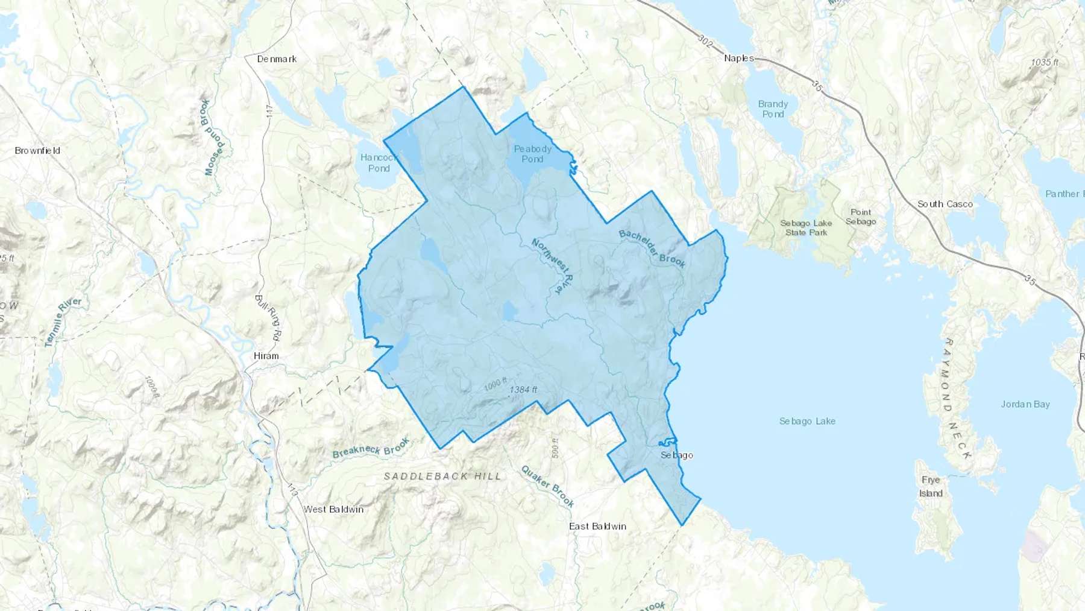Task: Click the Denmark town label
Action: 277,59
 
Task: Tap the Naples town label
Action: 739,59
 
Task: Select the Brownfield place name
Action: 37,151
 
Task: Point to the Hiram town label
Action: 266,356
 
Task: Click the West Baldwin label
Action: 333,510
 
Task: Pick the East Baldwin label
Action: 597,527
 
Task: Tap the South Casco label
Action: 945,204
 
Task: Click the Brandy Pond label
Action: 773,109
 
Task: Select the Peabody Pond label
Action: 532,154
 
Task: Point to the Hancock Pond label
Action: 379,163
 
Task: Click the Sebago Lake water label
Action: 807,422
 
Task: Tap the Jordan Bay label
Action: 1025,404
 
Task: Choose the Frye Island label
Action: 931,487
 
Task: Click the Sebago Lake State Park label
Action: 806,228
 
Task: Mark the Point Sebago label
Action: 861,217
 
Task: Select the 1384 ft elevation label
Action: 523,390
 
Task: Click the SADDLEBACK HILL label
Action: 442,476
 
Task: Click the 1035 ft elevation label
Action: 1045,62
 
